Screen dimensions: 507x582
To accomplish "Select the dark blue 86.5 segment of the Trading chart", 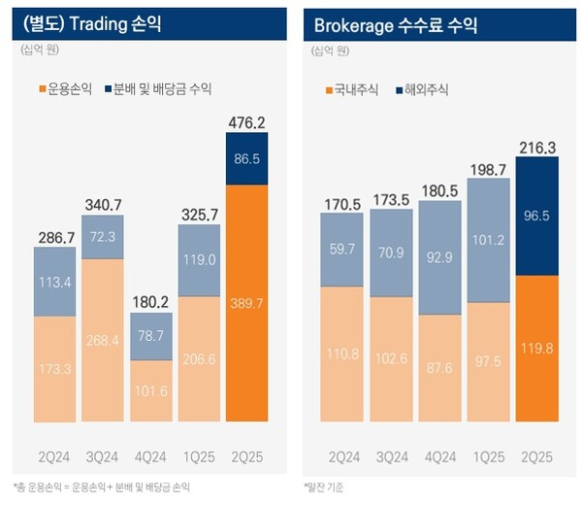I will click(246, 158).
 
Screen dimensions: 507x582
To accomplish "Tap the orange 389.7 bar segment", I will click(246, 303).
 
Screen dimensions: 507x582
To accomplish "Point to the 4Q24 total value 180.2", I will click(150, 301).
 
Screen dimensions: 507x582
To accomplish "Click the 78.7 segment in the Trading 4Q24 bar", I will click(150, 336).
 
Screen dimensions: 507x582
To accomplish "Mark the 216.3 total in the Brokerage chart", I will click(537, 146).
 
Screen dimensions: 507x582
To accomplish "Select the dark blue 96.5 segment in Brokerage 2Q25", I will click(537, 216).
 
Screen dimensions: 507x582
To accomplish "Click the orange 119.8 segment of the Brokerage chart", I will click(537, 347).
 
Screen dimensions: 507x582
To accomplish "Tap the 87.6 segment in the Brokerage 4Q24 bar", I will click(441, 368).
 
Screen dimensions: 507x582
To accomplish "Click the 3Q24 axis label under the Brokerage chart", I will click(394, 456).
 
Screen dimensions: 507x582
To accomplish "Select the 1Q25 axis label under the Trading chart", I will click(199, 456).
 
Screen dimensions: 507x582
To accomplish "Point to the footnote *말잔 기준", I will click(325, 485).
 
